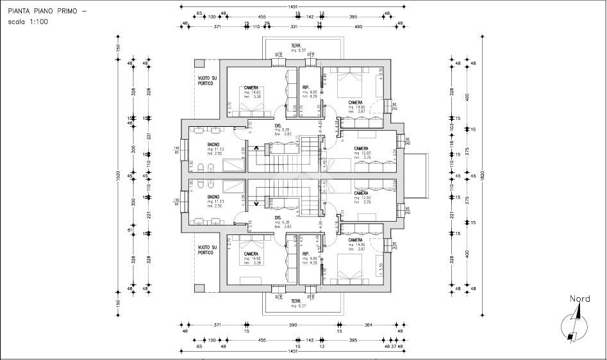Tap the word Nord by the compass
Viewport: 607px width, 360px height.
coord(579,299)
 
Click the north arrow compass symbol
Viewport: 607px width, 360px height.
coord(572,326)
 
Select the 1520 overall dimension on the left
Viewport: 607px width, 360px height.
coord(117,176)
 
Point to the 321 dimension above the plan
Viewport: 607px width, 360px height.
coord(294,27)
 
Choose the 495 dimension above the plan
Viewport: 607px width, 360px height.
coord(359,27)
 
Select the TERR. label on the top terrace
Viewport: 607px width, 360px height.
coord(296,45)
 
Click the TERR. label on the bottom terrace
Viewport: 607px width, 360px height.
coord(296,301)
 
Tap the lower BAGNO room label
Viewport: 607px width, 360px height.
coord(213,197)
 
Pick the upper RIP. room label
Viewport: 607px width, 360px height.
coord(306,88)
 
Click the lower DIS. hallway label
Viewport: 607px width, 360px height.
coord(278,217)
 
